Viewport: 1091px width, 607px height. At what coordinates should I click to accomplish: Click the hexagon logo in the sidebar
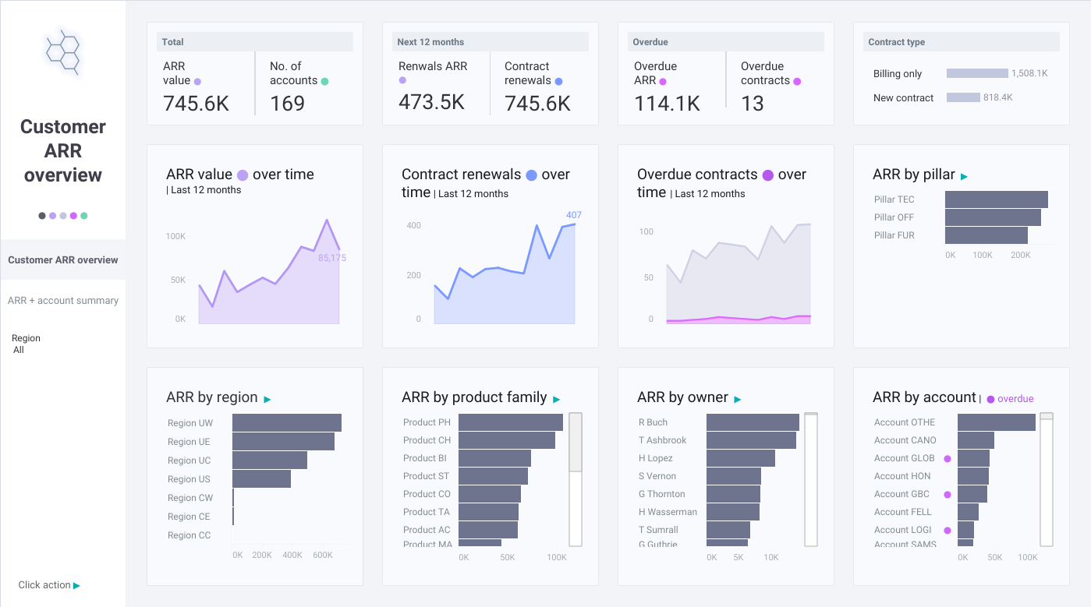pyautogui.click(x=63, y=52)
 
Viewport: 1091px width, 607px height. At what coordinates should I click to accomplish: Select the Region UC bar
pyautogui.click(x=270, y=460)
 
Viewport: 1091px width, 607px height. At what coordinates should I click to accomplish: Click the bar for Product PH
pyautogui.click(x=511, y=422)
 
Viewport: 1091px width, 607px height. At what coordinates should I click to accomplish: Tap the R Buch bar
pyautogui.click(x=753, y=422)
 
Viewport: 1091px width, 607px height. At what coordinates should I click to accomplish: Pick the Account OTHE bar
pyautogui.click(x=997, y=422)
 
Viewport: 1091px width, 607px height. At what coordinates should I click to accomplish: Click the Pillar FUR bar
pyautogui.click(x=987, y=235)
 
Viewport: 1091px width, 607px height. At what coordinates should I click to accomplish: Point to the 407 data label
pyautogui.click(x=574, y=214)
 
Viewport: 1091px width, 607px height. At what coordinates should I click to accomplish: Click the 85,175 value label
pyautogui.click(x=332, y=257)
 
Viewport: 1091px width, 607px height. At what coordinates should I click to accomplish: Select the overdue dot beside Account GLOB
pyautogui.click(x=948, y=458)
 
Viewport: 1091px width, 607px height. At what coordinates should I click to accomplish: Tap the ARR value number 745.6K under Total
pyautogui.click(x=196, y=103)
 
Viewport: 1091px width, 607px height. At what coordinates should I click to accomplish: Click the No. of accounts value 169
pyautogui.click(x=287, y=103)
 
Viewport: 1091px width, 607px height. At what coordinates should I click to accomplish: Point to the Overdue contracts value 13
pyautogui.click(x=752, y=103)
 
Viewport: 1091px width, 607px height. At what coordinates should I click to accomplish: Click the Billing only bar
pyautogui.click(x=977, y=73)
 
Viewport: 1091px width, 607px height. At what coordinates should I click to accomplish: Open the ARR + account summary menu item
pyautogui.click(x=63, y=300)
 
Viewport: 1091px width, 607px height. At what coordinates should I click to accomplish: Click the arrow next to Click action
pyautogui.click(x=76, y=586)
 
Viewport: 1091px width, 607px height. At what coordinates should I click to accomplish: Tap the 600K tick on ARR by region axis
pyautogui.click(x=323, y=555)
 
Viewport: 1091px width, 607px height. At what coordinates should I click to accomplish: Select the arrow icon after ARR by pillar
pyautogui.click(x=964, y=177)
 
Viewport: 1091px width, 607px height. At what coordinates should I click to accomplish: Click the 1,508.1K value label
pyautogui.click(x=1029, y=73)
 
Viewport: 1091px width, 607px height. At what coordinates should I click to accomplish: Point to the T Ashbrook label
pyautogui.click(x=662, y=440)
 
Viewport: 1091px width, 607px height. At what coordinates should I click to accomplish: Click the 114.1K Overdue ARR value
pyautogui.click(x=667, y=103)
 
